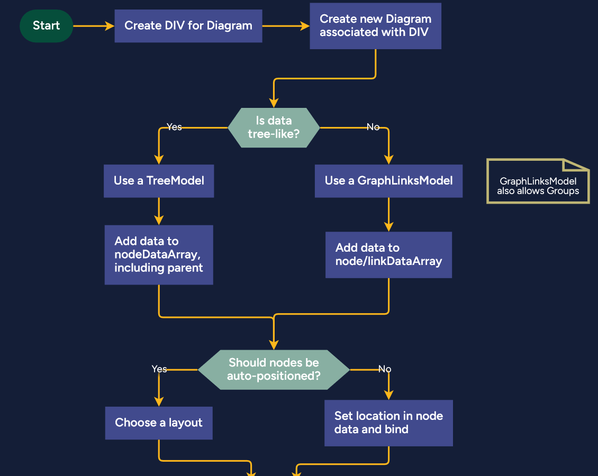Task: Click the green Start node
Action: click(46, 26)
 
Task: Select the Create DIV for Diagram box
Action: click(188, 26)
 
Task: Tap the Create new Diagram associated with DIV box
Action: click(375, 26)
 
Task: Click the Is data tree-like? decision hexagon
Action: click(274, 127)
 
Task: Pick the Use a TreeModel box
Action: click(159, 181)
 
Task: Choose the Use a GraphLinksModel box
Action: click(388, 181)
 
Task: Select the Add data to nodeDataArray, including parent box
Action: click(159, 255)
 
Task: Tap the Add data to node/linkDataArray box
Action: click(388, 255)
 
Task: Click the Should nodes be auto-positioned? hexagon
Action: click(274, 369)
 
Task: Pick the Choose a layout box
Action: click(159, 423)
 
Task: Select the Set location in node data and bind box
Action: click(388, 423)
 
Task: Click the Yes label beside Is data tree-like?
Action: click(174, 127)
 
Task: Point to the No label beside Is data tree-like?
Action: click(373, 127)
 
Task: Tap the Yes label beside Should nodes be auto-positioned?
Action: click(159, 369)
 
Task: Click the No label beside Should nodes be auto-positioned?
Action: click(385, 369)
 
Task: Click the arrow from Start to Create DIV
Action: click(93, 26)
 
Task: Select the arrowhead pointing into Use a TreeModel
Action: click(159, 159)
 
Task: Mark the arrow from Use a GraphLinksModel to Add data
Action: click(388, 214)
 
